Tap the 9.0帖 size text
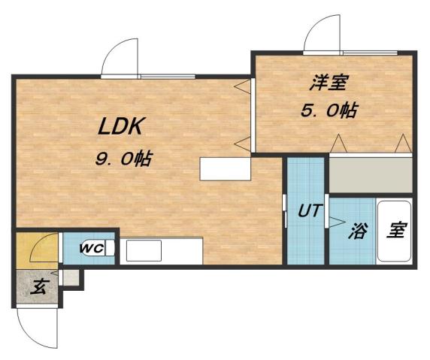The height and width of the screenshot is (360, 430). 123,159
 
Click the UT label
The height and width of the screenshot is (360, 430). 307,212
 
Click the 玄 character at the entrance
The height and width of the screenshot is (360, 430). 38,286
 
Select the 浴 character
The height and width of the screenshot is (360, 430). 356,231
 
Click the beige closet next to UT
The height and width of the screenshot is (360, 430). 371,175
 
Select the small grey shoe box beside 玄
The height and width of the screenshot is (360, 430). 71,277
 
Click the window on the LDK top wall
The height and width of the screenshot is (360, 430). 166,75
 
